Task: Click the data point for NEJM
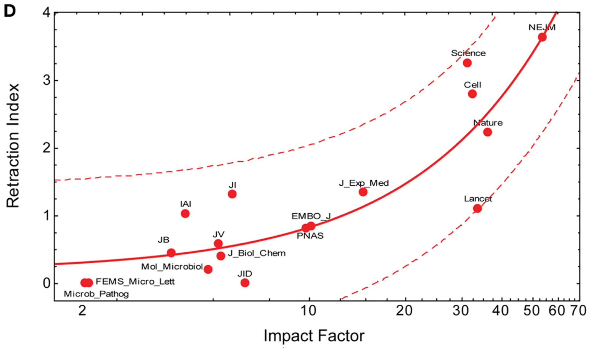pos(542,37)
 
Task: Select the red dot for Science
pos(467,63)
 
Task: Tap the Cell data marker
pos(472,94)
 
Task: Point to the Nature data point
pos(488,132)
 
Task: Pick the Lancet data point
pos(477,208)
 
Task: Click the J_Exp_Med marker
pos(363,192)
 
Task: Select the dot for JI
pos(232,194)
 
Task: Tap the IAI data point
pos(185,214)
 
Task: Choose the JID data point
pos(245,283)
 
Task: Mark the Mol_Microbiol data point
pos(208,269)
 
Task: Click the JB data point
pos(171,253)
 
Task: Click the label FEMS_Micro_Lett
pos(135,281)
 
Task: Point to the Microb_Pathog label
pos(96,294)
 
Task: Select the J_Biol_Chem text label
pos(257,253)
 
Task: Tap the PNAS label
pos(310,236)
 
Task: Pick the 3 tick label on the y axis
pos(47,80)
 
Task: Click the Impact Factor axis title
pos(314,336)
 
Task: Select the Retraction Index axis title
pos(13,146)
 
